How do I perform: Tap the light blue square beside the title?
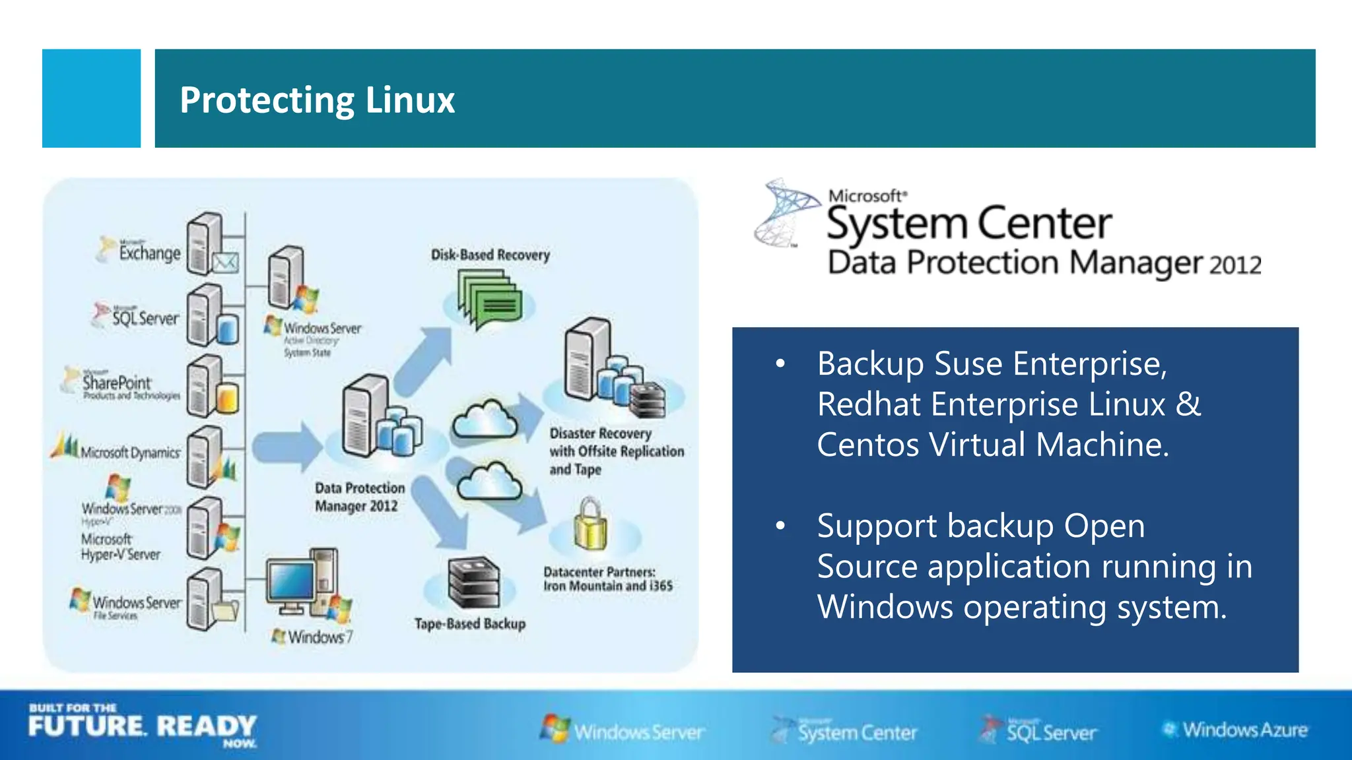[x=91, y=98]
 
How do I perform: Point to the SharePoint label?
[x=117, y=383]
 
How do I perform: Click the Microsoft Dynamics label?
[x=129, y=453]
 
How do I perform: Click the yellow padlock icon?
[x=590, y=526]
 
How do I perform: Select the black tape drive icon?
[x=473, y=582]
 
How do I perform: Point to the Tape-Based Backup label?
[x=469, y=623]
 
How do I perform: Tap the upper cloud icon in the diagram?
[x=485, y=420]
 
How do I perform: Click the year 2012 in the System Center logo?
[x=1235, y=265]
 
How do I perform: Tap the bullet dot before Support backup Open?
[x=780, y=526]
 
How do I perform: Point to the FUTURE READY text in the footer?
[x=142, y=726]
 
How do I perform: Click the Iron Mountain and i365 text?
[x=607, y=586]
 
